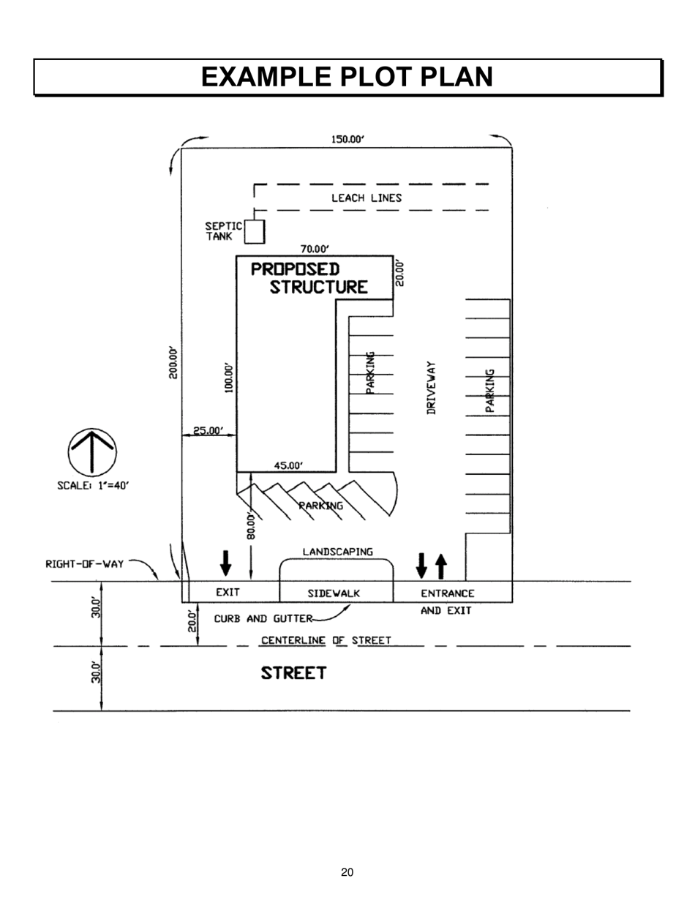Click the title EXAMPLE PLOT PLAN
pos(347,77)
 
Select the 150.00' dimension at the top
pos(347,140)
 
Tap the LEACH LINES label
pos(367,198)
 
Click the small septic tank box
pos(254,231)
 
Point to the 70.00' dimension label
pos(315,249)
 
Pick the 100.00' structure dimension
pos(229,378)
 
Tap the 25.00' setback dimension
pos(208,431)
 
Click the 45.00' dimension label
pos(288,465)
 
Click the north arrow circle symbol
pos(92,452)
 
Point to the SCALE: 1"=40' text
pos(93,485)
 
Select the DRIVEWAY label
pos(432,388)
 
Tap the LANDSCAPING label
pos(338,551)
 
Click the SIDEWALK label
pos(334,593)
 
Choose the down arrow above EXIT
pos(226,563)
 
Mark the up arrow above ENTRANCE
pos(440,565)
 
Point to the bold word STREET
pos(294,673)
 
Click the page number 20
pos(347,871)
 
